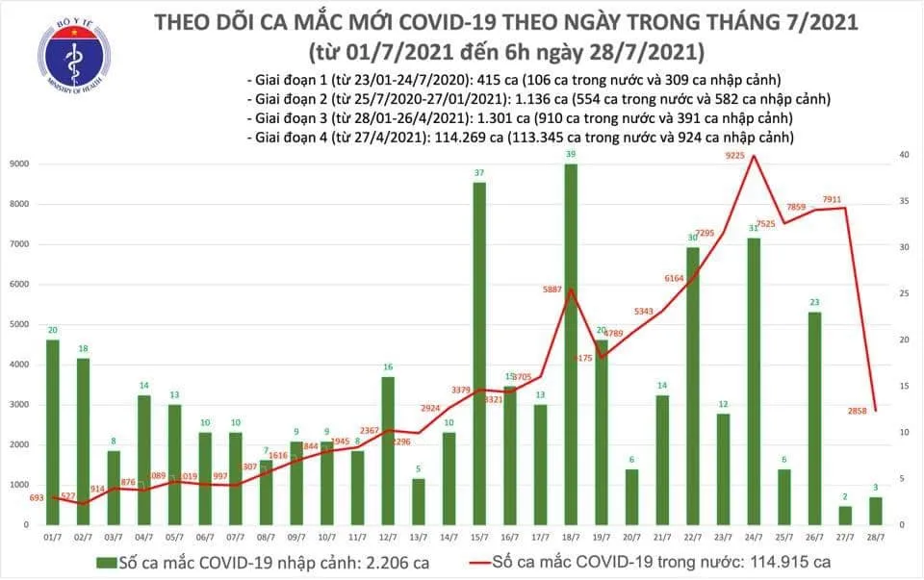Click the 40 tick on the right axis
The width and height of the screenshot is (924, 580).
[904, 155]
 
